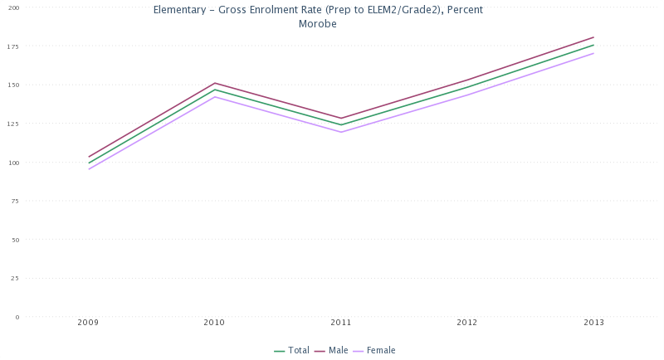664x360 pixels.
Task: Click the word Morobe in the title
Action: tap(317, 23)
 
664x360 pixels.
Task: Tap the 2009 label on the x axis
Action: tap(89, 322)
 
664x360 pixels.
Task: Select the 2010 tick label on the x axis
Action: tap(215, 322)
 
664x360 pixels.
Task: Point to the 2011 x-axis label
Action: tap(341, 322)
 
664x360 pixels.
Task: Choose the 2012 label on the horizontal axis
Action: tap(467, 322)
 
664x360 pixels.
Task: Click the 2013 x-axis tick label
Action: tap(593, 322)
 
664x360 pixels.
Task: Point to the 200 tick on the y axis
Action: tap(13, 7)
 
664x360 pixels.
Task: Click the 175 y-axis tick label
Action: tap(13, 46)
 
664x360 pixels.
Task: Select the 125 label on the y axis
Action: tap(13, 124)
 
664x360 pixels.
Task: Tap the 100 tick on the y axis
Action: tap(13, 163)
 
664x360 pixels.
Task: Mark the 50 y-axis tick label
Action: tap(15, 240)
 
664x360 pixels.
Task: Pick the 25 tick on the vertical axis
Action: tap(15, 278)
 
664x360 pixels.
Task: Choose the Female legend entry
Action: tap(380, 350)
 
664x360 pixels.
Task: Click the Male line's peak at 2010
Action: tap(215, 83)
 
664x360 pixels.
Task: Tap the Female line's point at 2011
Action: tap(341, 132)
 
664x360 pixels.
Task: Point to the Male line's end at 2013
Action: tap(593, 37)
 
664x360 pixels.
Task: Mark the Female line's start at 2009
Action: tap(89, 169)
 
